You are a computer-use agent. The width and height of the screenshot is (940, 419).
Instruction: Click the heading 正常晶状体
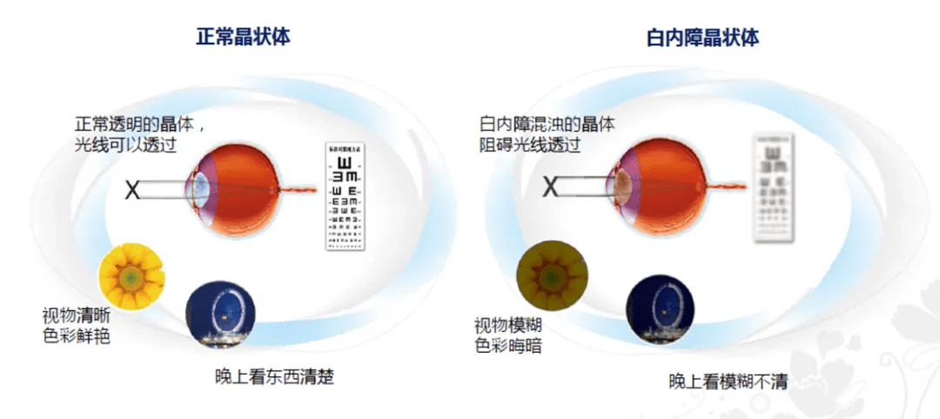[242, 37]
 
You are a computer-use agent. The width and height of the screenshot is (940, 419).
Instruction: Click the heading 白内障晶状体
[702, 37]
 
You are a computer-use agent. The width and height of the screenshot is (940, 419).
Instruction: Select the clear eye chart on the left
[349, 198]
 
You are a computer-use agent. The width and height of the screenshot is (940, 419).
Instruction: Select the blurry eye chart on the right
[769, 187]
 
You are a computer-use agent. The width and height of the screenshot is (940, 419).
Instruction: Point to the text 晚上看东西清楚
[274, 376]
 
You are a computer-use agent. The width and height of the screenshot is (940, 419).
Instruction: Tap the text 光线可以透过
[126, 145]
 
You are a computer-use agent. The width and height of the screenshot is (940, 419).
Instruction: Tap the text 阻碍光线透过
[529, 145]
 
